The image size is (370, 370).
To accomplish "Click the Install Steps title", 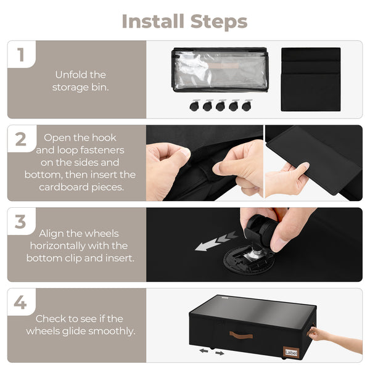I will point(184,21).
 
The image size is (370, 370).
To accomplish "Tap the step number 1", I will point(21,55).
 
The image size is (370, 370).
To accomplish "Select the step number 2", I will point(21,139).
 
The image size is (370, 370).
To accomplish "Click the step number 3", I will point(21,222).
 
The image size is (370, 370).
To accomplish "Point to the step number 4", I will point(21,303).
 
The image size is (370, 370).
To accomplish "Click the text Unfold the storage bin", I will point(80,81).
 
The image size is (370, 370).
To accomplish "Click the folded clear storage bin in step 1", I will point(220,70).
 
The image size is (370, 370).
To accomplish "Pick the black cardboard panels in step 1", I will point(310,79).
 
